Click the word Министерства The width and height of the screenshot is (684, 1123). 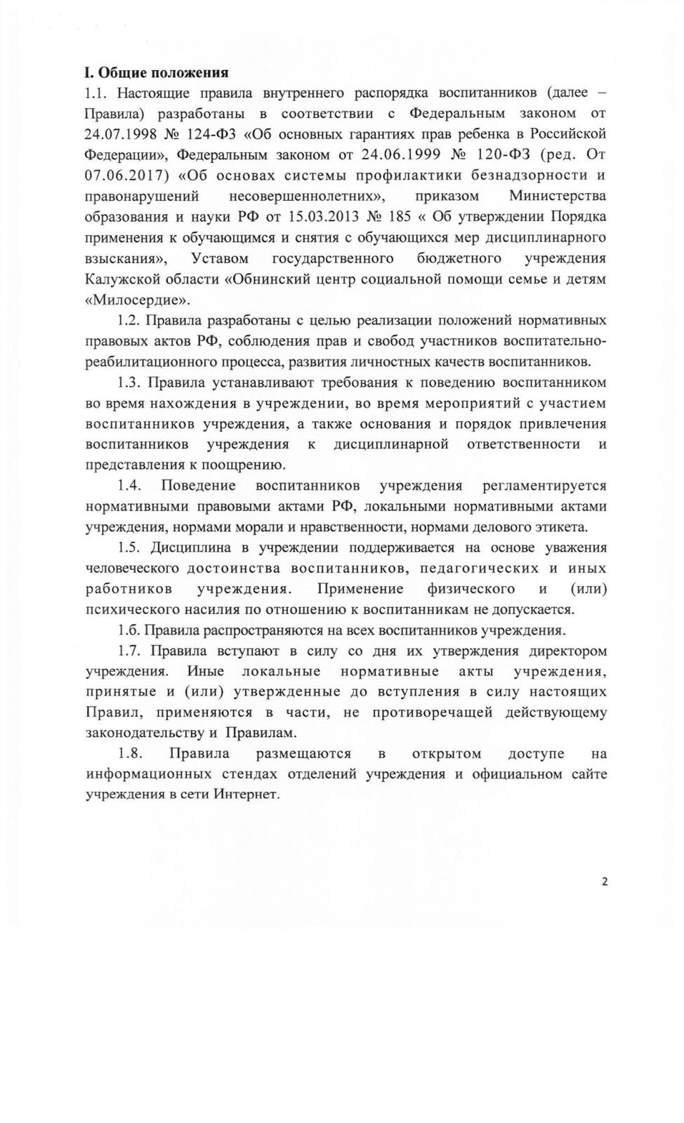tap(558, 196)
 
